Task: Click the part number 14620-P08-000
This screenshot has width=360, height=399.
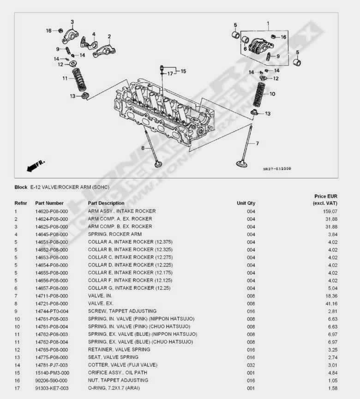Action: [51, 211]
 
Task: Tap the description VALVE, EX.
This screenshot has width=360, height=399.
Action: [100, 304]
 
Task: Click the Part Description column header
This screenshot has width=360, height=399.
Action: [106, 203]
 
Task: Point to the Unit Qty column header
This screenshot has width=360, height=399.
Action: [246, 203]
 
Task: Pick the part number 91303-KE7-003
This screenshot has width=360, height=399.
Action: [51, 388]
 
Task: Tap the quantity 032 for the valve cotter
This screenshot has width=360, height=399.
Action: [251, 365]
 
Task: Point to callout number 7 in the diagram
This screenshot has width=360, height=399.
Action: [257, 143]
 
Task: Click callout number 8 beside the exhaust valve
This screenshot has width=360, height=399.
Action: [143, 148]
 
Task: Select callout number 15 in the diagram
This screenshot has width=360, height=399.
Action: [183, 71]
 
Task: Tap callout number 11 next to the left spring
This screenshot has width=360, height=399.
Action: [65, 78]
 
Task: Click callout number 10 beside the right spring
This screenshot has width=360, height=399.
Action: [272, 94]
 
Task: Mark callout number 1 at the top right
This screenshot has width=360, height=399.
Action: [268, 23]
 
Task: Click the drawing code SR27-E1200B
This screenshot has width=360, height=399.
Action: [277, 169]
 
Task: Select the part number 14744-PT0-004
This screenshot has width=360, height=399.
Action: [51, 311]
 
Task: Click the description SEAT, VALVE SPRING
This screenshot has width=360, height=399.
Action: [113, 357]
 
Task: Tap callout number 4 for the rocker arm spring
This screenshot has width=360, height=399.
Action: [94, 34]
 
